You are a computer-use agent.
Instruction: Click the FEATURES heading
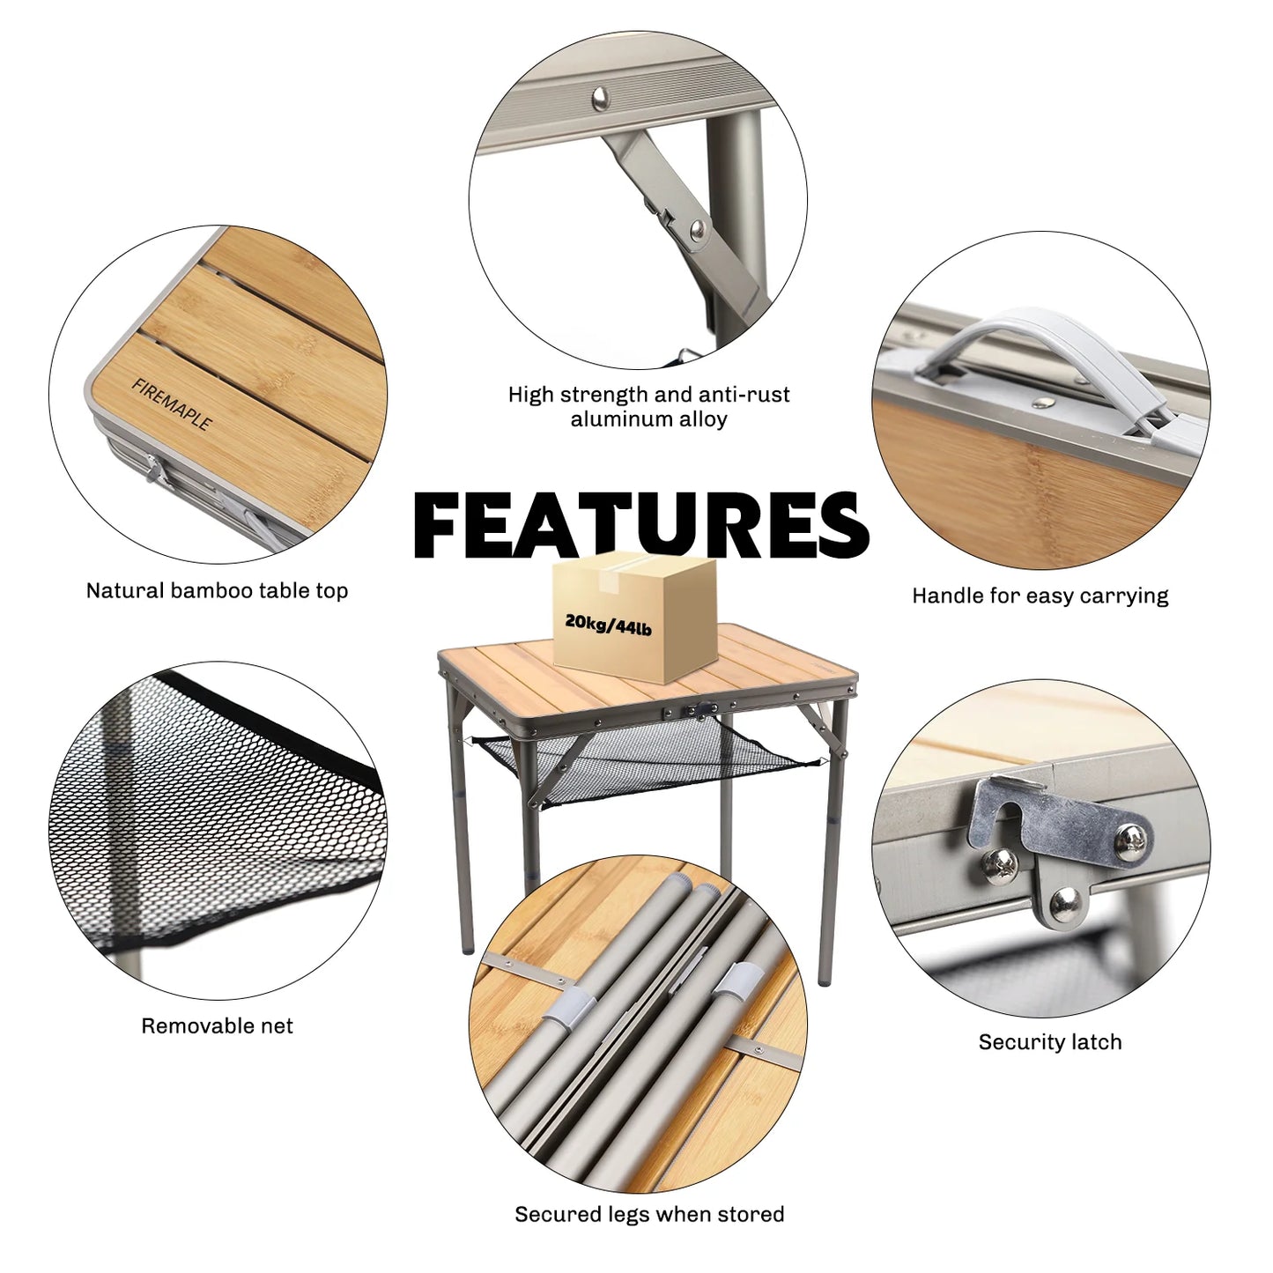(640, 525)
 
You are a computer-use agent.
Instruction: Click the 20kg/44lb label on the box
(608, 625)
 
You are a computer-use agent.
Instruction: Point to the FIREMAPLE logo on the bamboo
(172, 403)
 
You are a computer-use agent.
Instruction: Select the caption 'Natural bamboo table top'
(217, 591)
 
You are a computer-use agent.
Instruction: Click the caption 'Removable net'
(217, 1025)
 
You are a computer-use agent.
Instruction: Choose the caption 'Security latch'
(1049, 1042)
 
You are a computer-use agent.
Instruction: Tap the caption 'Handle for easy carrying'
(1040, 596)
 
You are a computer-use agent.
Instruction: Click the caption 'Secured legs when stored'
(649, 1214)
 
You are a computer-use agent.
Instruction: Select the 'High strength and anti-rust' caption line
(649, 395)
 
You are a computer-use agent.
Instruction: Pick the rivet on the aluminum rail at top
(602, 95)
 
